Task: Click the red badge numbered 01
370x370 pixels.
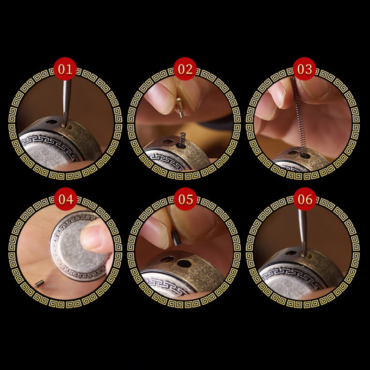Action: coord(65,69)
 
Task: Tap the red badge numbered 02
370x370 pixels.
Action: coord(185,69)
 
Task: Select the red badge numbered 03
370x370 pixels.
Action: coord(304,69)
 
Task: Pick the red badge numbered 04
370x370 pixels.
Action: coord(66,199)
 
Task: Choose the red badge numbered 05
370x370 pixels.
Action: coord(185,199)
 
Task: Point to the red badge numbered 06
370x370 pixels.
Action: coord(305,199)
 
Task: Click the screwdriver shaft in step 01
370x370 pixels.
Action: coord(66,101)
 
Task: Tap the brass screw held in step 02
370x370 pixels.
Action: coord(180,107)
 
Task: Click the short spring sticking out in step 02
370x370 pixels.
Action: coord(183,139)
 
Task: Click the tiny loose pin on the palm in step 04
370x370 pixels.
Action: coord(39,283)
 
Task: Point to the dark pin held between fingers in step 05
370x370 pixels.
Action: coord(176,238)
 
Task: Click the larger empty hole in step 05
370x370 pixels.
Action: coord(184,264)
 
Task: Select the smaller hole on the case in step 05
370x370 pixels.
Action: coord(167,259)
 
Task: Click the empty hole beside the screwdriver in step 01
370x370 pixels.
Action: coord(51,122)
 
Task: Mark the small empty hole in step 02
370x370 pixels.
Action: coord(168,142)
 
